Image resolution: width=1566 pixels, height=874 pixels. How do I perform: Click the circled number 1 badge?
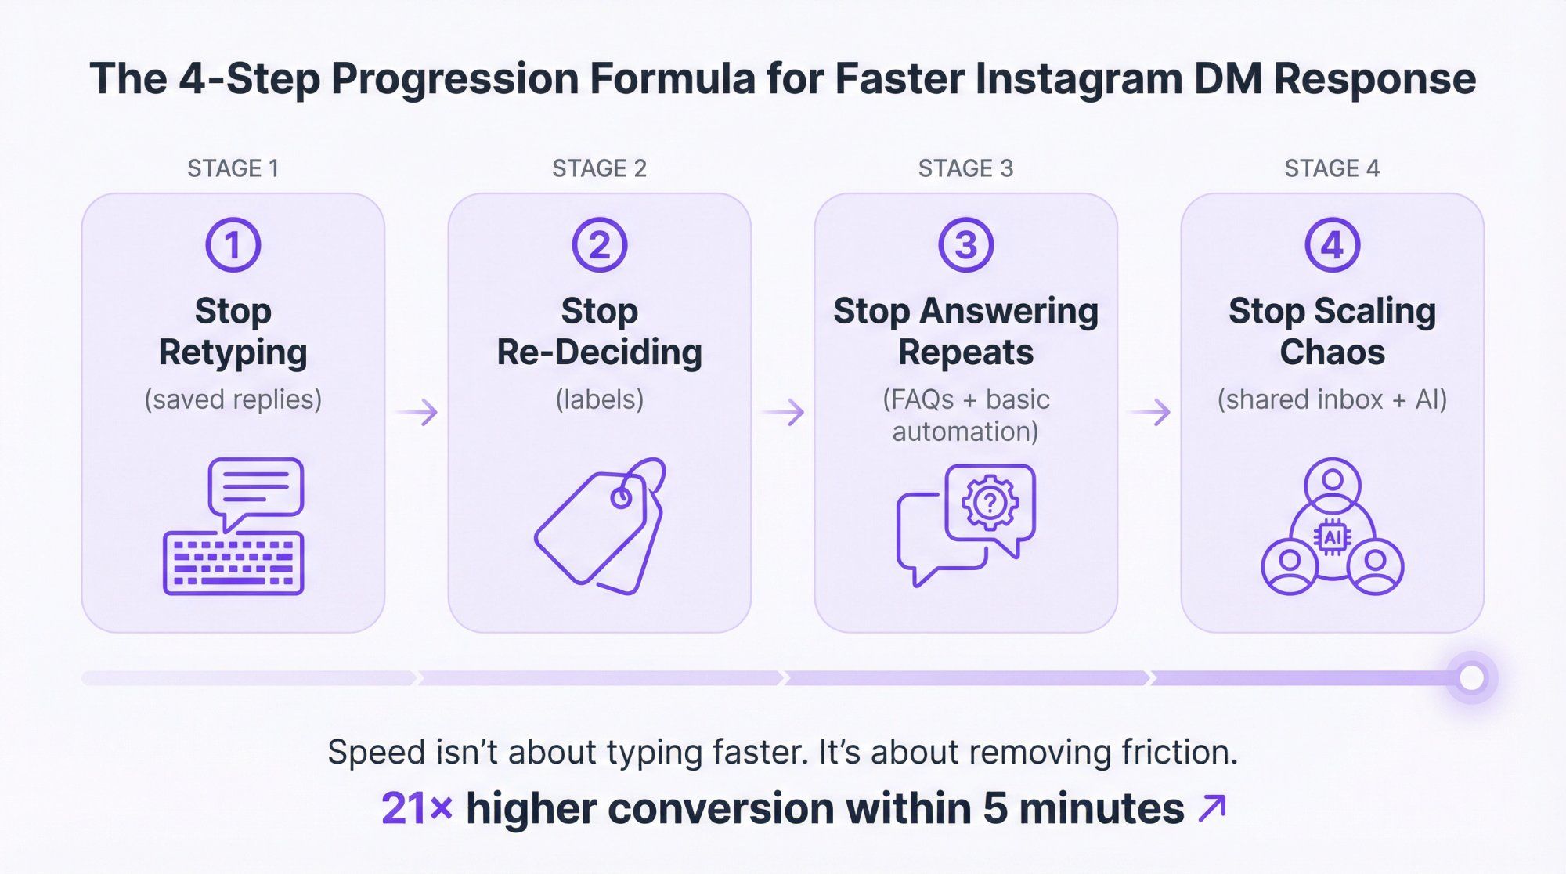233,245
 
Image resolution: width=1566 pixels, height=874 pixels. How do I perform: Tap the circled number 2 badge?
599,245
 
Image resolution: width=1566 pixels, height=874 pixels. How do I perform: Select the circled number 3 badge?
965,245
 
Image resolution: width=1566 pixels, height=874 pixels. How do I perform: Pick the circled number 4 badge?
1332,245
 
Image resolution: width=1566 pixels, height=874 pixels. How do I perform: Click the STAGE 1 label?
233,168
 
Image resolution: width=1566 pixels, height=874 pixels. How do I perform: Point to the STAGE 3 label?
965,168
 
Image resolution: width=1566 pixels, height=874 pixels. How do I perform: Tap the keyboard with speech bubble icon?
233,526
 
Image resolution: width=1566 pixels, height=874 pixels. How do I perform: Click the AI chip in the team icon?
1332,537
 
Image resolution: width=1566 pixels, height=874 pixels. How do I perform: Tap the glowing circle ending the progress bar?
1471,677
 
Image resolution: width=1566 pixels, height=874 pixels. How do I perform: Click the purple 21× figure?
417,808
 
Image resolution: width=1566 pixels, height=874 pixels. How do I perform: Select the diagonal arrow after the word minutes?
1212,808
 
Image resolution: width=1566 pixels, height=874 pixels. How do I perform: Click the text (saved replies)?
233,399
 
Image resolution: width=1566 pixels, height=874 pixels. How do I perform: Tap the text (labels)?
599,399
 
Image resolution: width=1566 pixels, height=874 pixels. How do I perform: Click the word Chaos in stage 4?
1332,352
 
